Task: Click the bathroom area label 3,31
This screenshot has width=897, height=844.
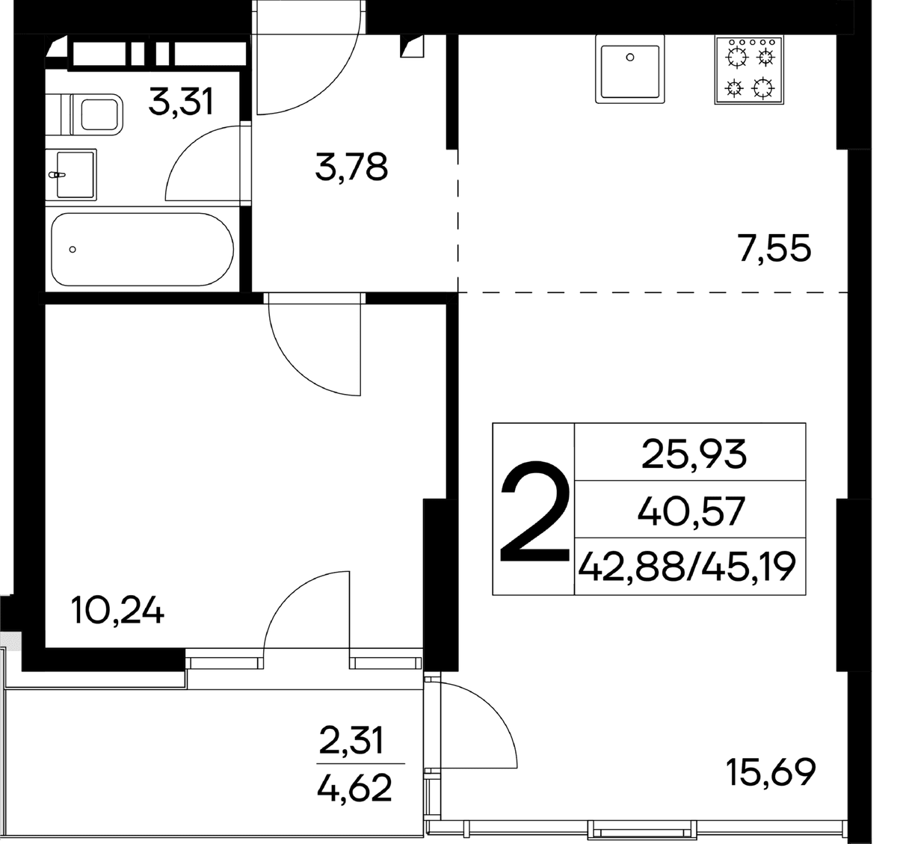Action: coord(181,102)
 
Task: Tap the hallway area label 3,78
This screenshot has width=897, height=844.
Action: coord(351,167)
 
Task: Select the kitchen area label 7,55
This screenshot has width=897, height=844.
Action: coord(774,248)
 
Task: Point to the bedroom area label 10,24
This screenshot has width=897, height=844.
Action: coord(118,611)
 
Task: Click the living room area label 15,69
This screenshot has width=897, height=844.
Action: coord(771,773)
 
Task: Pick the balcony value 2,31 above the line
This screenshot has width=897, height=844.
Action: coord(351,740)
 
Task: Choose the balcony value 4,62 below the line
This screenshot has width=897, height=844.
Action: coord(354,787)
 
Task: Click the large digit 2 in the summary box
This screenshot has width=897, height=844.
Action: coord(534,511)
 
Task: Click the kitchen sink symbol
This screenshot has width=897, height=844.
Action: coord(629,69)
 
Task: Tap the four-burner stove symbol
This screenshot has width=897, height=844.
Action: coord(749,70)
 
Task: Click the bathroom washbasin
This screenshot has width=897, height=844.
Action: coord(71,174)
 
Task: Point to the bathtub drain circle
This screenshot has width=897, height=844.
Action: coord(73,250)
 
